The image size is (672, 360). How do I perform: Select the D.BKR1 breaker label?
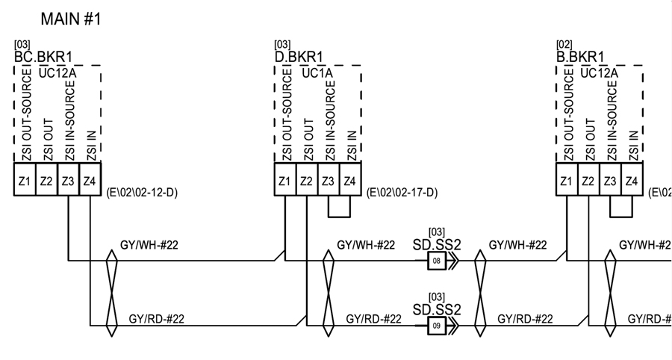coord(299,58)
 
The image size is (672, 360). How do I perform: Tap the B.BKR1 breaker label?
coord(580,58)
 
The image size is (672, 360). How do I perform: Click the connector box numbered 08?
coord(437,261)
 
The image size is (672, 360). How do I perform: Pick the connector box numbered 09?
coord(437,326)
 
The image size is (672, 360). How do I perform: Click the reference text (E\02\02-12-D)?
coord(143,193)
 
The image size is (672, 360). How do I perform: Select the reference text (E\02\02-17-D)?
coord(402,193)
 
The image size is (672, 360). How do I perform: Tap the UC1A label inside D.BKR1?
coord(317,73)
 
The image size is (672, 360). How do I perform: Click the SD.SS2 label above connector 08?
coord(437,243)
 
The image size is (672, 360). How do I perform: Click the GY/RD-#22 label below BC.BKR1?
coord(157,319)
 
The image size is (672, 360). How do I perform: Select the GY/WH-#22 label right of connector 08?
coord(517,244)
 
